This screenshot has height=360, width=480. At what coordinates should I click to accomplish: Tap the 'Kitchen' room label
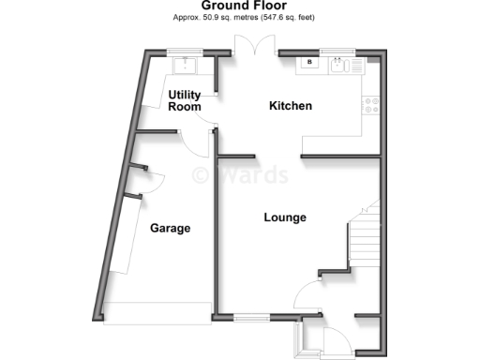click(x=291, y=106)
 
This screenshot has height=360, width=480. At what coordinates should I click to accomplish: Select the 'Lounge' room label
click(x=285, y=217)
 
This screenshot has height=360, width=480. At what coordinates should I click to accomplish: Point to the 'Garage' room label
click(x=170, y=228)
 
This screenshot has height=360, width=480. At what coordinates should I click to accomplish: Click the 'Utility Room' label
click(x=185, y=100)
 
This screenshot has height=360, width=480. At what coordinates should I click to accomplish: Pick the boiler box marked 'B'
click(x=308, y=65)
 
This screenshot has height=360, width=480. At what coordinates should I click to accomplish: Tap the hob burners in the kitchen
click(x=371, y=105)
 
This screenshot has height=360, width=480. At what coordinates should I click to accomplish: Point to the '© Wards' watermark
click(x=242, y=175)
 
